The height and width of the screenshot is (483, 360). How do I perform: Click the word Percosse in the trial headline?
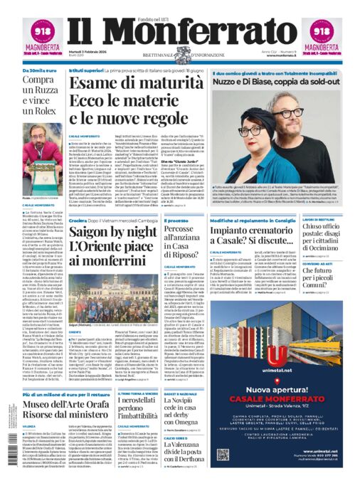(165, 230)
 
